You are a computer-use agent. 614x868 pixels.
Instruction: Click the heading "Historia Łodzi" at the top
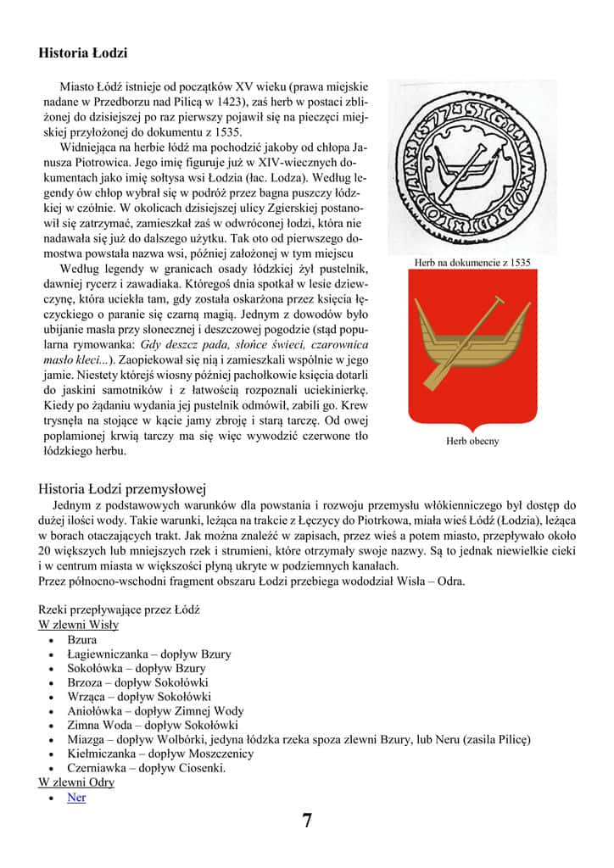coord(82,53)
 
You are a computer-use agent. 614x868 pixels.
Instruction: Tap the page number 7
coord(307,820)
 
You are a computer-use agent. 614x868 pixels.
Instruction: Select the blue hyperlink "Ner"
coord(76,798)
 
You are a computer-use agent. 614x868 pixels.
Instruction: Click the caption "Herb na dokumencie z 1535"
coord(472,263)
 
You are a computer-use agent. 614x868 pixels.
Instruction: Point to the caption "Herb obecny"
coord(472,441)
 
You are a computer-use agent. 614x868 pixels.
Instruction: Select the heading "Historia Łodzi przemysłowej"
coord(123,489)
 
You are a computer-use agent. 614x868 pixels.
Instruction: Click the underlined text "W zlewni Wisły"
coord(78,625)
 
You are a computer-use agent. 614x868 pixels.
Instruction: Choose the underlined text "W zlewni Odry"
coord(76,782)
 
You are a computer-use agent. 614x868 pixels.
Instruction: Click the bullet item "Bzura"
coord(82,640)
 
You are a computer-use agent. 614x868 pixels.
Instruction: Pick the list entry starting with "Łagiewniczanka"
coord(148,654)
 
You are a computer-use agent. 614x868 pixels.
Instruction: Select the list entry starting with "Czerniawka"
coord(146,768)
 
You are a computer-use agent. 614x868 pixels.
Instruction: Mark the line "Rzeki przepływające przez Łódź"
coord(119,610)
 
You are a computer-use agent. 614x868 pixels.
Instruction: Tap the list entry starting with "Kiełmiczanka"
coord(160,754)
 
